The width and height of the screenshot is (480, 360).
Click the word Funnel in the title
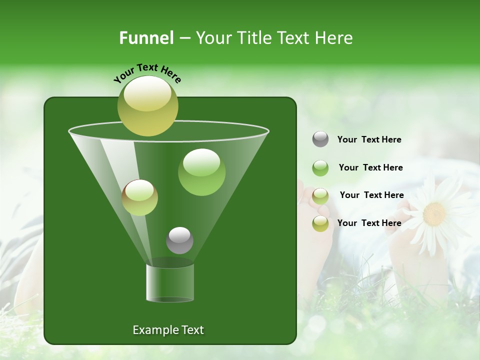[146, 38]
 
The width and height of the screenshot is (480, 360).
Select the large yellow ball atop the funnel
[148, 106]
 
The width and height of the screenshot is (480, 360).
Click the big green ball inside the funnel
[201, 172]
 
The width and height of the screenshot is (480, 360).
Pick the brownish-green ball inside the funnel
[140, 198]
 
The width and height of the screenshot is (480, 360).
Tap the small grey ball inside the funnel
[179, 240]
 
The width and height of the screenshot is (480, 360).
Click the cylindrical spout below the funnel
[170, 282]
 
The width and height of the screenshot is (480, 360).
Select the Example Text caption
[168, 330]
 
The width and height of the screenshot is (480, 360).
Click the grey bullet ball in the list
[320, 139]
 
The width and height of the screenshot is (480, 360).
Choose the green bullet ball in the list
[320, 167]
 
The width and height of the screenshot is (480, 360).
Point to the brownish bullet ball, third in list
[320, 195]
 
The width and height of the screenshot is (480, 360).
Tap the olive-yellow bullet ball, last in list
[320, 223]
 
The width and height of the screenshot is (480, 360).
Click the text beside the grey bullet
[369, 139]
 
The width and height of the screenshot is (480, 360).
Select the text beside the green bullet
[370, 167]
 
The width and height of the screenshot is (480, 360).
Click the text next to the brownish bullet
[371, 195]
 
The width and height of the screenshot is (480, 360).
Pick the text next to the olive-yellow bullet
[369, 223]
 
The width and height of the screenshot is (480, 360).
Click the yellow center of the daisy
[434, 213]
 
